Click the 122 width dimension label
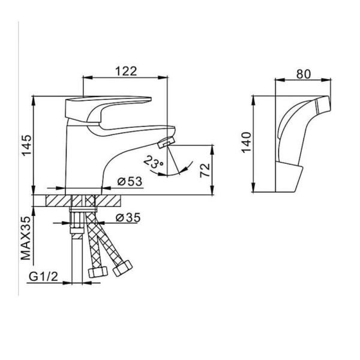[x=126, y=71]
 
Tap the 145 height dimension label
[x=26, y=145]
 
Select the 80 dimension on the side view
[x=303, y=74]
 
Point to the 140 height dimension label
[x=247, y=142]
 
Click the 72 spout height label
[x=205, y=170]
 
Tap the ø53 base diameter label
[x=130, y=182]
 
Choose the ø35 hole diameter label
[x=128, y=218]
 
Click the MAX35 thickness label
[x=26, y=238]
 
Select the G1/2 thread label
[x=43, y=277]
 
